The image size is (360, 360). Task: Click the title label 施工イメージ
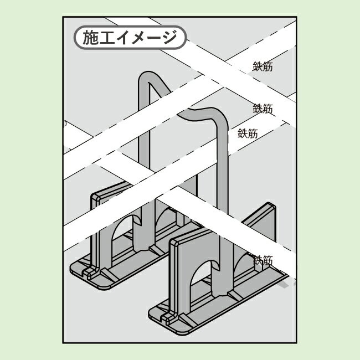click(x=130, y=38)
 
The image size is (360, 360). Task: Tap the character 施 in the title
click(x=91, y=38)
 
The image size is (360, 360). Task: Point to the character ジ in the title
click(x=169, y=38)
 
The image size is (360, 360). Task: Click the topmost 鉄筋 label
click(x=263, y=66)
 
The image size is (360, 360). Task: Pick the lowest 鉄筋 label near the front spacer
click(x=263, y=261)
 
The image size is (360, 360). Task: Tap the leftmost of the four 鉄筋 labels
click(x=248, y=133)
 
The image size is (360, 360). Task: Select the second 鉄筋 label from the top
click(x=263, y=109)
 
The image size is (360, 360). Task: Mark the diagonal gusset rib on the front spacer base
click(x=188, y=320)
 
